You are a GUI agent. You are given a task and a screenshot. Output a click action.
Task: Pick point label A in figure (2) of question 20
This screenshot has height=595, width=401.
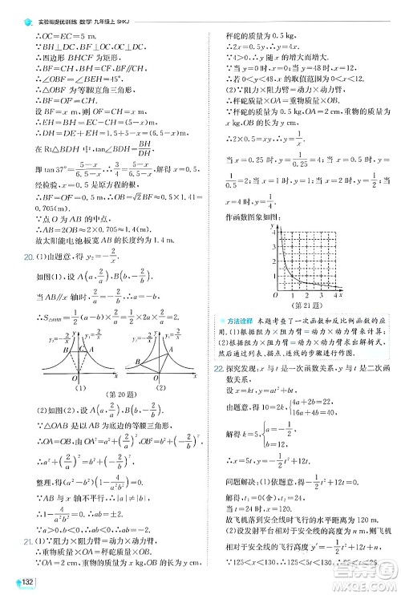click(140, 335)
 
